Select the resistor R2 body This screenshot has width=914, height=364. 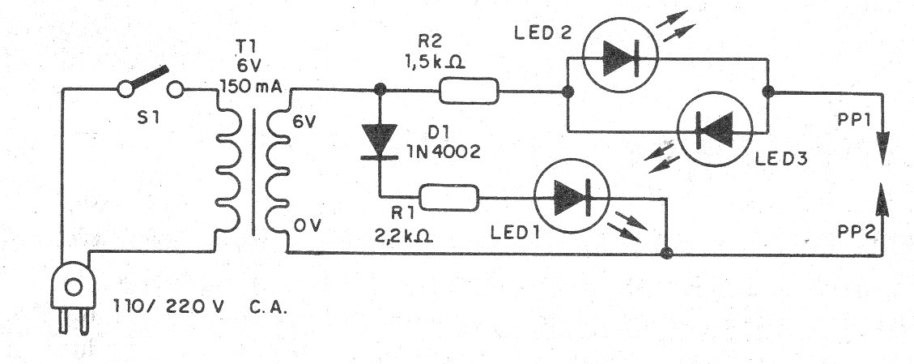(x=469, y=91)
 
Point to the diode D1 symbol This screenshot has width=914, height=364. (x=378, y=139)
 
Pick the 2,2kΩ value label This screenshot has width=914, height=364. (x=401, y=237)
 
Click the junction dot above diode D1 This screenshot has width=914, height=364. (x=378, y=90)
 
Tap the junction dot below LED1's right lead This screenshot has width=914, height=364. (x=666, y=254)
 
